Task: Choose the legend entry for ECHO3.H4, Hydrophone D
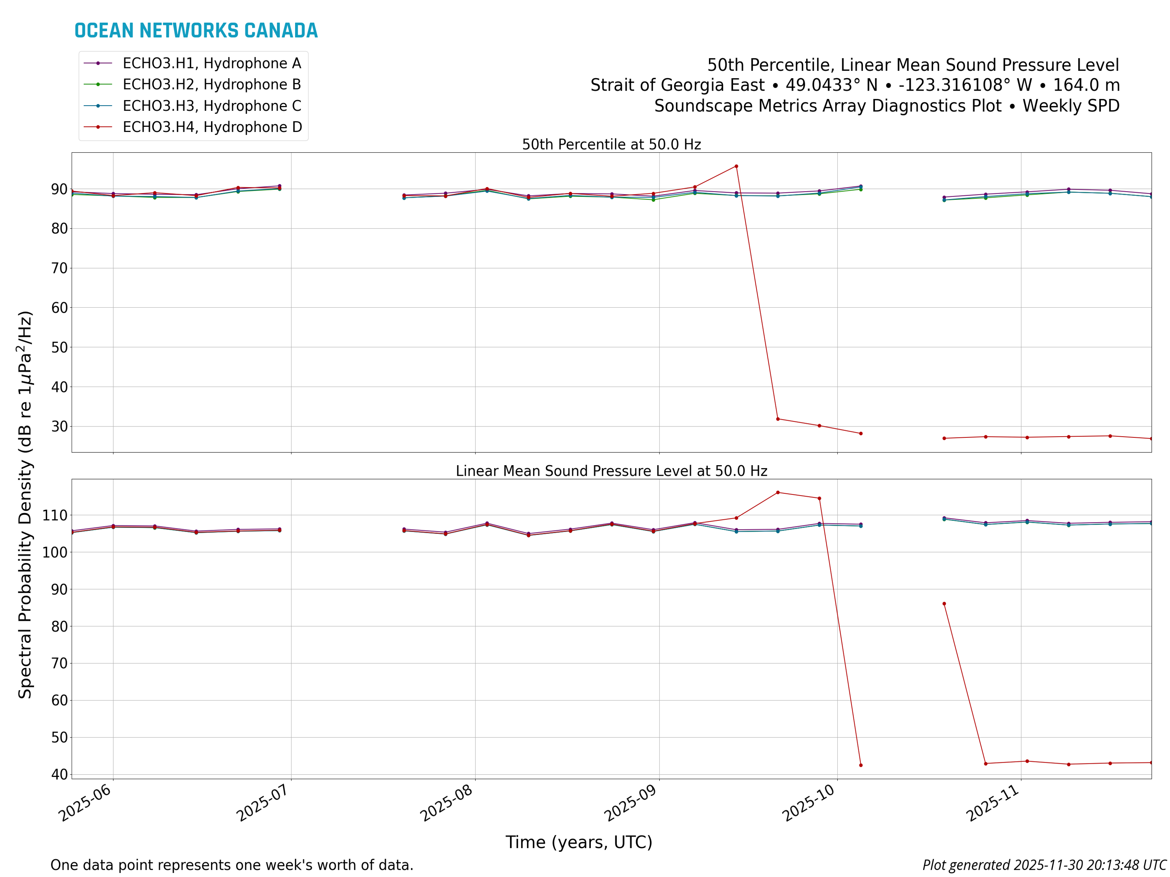[x=212, y=128]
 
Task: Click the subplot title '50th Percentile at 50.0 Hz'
[x=611, y=145]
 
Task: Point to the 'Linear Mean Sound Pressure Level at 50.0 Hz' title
[x=611, y=471]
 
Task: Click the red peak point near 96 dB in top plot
[x=736, y=167]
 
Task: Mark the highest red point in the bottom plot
[x=778, y=493]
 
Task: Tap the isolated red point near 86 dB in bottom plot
[x=944, y=604]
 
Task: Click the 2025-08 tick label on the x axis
[x=447, y=804]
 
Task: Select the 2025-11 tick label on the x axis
[x=993, y=804]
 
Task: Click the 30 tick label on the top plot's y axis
[x=59, y=426]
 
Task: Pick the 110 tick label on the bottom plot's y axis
[x=55, y=515]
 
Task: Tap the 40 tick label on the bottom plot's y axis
[x=59, y=774]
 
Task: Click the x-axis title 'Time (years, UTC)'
[x=579, y=842]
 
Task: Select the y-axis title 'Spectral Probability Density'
[x=25, y=505]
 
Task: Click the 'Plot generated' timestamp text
[x=1044, y=865]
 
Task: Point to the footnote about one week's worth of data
[x=232, y=865]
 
